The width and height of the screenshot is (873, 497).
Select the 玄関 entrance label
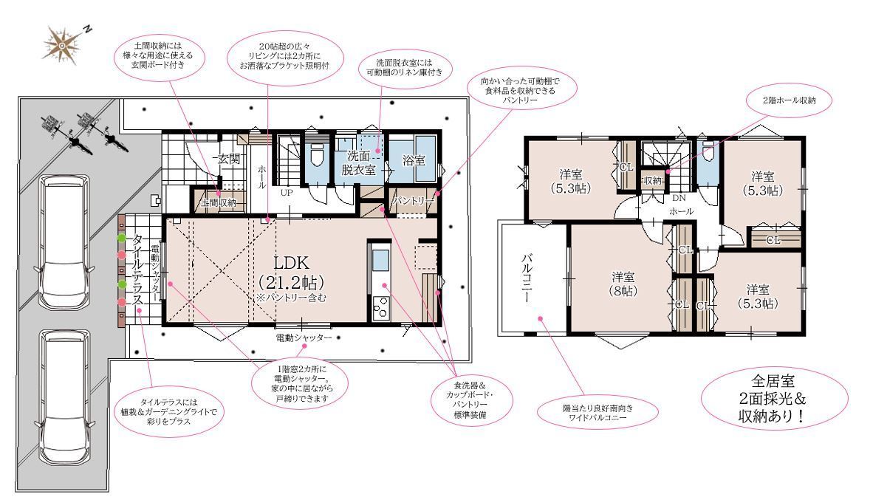pos(229,159)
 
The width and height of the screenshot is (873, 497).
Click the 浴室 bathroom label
pos(414,160)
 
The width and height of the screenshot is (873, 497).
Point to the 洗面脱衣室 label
pos(358,162)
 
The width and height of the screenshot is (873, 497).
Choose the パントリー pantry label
pos(413,201)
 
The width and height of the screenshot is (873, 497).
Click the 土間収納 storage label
pos(219,203)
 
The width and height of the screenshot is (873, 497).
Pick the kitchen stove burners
pos(381,307)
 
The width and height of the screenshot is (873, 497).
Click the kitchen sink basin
pos(380,260)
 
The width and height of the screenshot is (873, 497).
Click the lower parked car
pos(63,397)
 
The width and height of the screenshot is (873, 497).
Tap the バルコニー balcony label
pos(526,278)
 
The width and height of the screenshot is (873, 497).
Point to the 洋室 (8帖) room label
pos(623,284)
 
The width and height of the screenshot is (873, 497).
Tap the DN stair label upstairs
pos(679,198)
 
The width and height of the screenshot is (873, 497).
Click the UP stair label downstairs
pos(286,193)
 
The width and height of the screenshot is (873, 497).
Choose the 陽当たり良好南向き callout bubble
pos(598,412)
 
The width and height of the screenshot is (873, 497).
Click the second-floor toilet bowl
pos(708,154)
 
